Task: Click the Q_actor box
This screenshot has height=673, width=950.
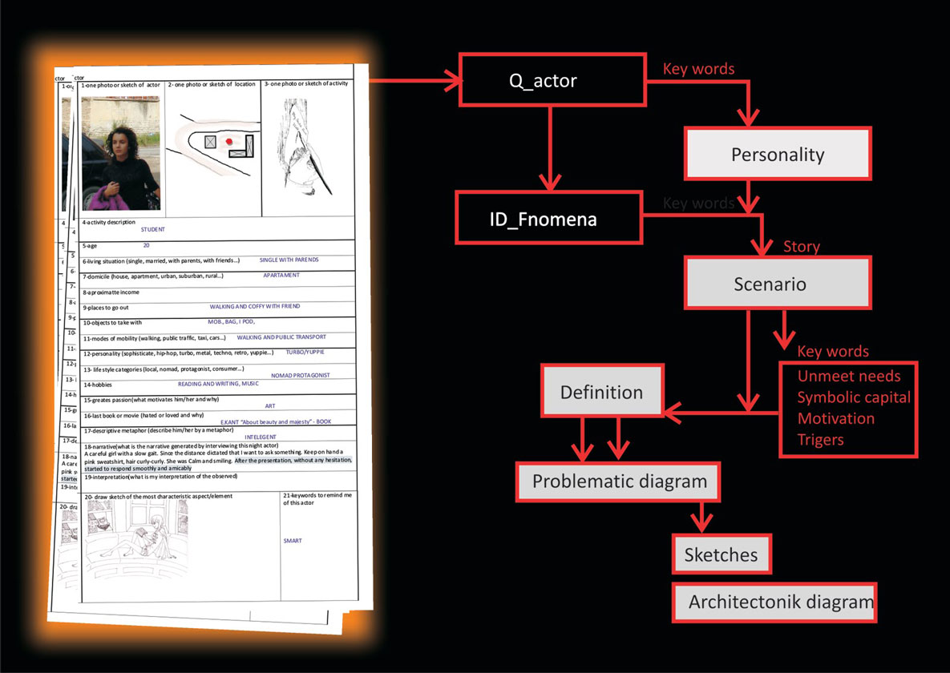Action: pyautogui.click(x=552, y=80)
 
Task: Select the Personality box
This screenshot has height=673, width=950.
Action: pyautogui.click(x=777, y=153)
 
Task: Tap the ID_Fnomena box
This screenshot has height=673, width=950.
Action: pyautogui.click(x=549, y=217)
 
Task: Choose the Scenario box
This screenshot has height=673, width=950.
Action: pyautogui.click(x=777, y=284)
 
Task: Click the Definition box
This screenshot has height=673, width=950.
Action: pyautogui.click(x=602, y=393)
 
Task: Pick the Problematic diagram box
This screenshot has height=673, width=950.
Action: pyautogui.click(x=619, y=482)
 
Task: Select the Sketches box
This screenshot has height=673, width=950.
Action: pyautogui.click(x=722, y=554)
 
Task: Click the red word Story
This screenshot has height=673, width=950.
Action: pyautogui.click(x=801, y=246)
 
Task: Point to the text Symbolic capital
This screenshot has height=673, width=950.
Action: pyautogui.click(x=853, y=397)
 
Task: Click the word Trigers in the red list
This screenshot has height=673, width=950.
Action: pyautogui.click(x=820, y=439)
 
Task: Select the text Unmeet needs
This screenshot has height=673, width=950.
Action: pyautogui.click(x=848, y=377)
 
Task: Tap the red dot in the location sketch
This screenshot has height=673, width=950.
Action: pyautogui.click(x=228, y=141)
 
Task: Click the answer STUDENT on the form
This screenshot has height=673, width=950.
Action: pyautogui.click(x=152, y=229)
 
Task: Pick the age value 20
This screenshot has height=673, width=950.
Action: pyautogui.click(x=146, y=245)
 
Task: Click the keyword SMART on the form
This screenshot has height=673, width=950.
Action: pyautogui.click(x=293, y=541)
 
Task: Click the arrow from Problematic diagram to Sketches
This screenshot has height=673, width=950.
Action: pyautogui.click(x=702, y=516)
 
